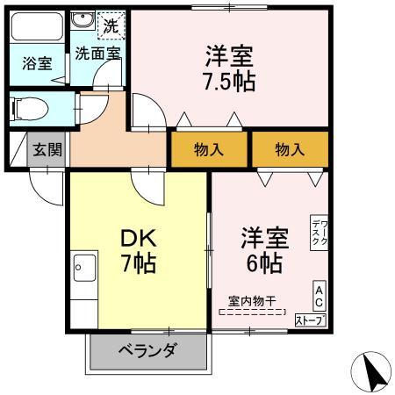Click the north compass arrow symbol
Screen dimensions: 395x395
370,371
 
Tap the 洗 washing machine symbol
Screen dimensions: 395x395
111,25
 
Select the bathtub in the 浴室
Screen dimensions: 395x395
37,26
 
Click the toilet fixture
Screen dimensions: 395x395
29,109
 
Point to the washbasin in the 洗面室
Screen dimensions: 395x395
83,20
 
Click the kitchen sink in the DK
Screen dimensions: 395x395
84,268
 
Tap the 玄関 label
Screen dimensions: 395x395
47,150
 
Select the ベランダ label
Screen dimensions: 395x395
148,350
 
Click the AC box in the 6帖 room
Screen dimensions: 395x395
320,296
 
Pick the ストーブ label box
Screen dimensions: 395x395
311,320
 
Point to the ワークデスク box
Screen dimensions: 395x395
320,233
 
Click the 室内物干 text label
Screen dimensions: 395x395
252,301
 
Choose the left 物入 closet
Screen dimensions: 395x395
209,149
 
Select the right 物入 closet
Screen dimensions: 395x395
290,149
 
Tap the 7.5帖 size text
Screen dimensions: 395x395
229,81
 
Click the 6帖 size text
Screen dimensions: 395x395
264,263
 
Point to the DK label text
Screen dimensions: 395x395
139,239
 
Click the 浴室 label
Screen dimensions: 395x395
37,63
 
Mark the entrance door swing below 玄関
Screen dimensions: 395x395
47,187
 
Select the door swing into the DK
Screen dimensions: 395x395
148,186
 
